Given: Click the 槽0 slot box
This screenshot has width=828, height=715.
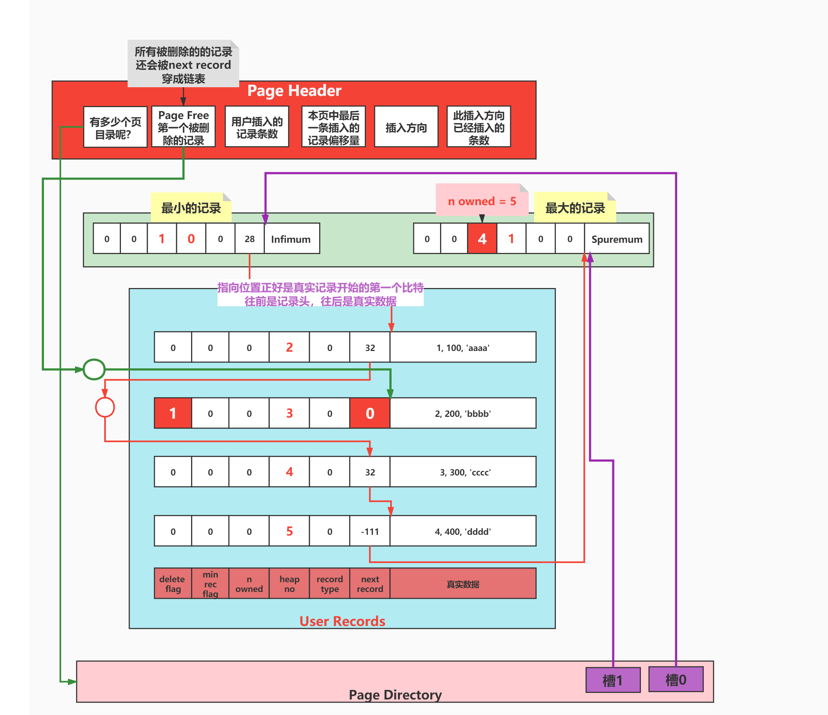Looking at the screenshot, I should (x=676, y=680).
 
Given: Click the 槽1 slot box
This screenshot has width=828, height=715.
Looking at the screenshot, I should (x=613, y=680).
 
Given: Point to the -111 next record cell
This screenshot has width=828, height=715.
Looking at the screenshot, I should (x=369, y=531).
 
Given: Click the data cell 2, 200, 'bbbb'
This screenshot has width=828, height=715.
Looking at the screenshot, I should (x=463, y=413).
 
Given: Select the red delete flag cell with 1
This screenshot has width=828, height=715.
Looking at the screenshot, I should (x=173, y=413).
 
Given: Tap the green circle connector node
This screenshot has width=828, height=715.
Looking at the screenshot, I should (x=94, y=369).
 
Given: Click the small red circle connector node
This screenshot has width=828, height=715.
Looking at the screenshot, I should (x=105, y=407).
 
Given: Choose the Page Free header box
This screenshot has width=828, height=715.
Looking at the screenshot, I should (x=183, y=127).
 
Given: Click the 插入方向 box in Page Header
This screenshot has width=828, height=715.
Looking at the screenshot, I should (x=406, y=127).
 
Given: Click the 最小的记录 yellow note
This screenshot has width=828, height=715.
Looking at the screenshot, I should (x=191, y=208).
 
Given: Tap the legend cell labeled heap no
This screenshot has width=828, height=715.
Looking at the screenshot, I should (x=289, y=584).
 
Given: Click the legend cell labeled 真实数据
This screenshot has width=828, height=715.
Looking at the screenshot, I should (x=463, y=584).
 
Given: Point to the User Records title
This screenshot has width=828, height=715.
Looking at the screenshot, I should (x=342, y=621).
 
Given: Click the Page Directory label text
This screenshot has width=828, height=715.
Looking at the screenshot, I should (x=395, y=694).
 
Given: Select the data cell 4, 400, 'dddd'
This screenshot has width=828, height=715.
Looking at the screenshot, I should (x=463, y=531).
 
